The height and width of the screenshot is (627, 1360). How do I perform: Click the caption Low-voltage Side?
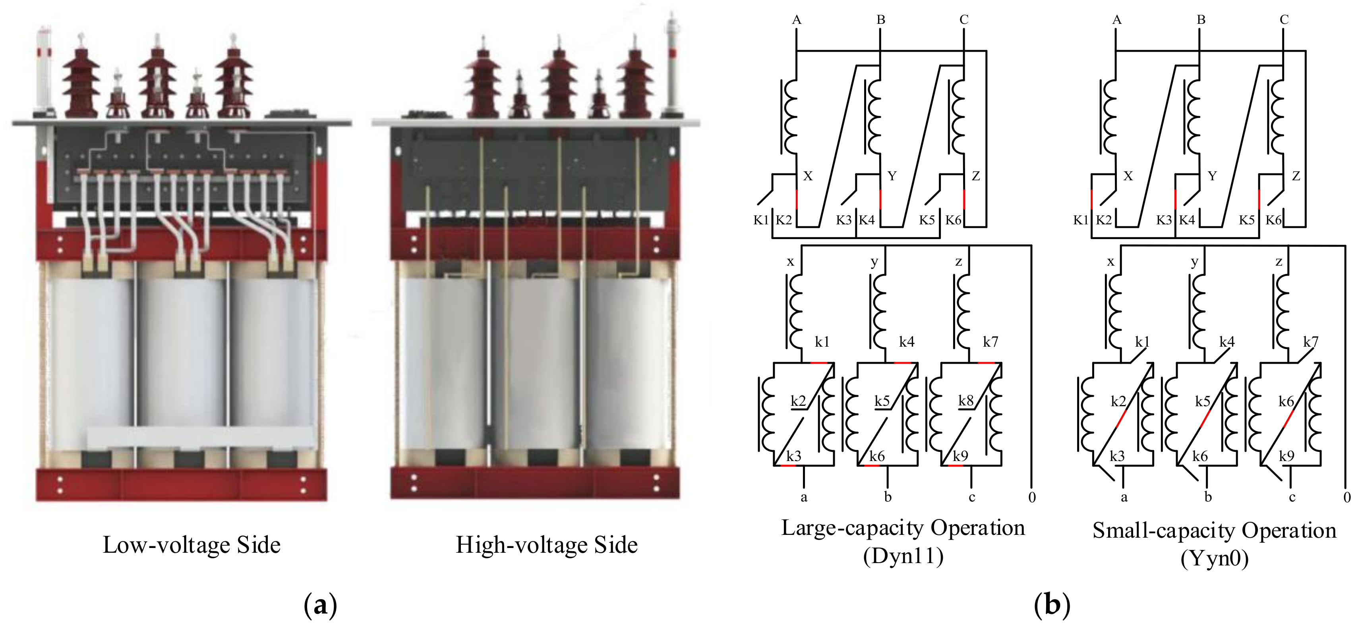pyautogui.click(x=191, y=545)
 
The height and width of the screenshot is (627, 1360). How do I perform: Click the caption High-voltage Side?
pyautogui.click(x=546, y=545)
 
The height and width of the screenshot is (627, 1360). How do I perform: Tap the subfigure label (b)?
pyautogui.click(x=1052, y=605)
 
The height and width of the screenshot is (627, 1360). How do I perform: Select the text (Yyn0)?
pyautogui.click(x=1214, y=558)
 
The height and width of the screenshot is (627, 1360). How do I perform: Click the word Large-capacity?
pyautogui.click(x=852, y=528)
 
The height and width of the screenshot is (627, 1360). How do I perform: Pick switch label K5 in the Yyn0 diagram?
pyautogui.click(x=1246, y=220)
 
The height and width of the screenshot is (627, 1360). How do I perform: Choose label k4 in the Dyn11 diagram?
pyautogui.click(x=907, y=342)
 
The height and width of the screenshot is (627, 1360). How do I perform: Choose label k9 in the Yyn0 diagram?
pyautogui.click(x=1286, y=456)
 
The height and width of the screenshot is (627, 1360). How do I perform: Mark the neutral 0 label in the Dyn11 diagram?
pyautogui.click(x=1031, y=497)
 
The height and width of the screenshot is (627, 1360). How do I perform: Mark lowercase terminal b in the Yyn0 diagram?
pyautogui.click(x=1208, y=497)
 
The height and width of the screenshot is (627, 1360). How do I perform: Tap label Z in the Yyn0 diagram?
pyautogui.click(x=1296, y=176)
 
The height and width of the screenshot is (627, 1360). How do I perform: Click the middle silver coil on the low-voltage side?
pyautogui.click(x=182, y=364)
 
